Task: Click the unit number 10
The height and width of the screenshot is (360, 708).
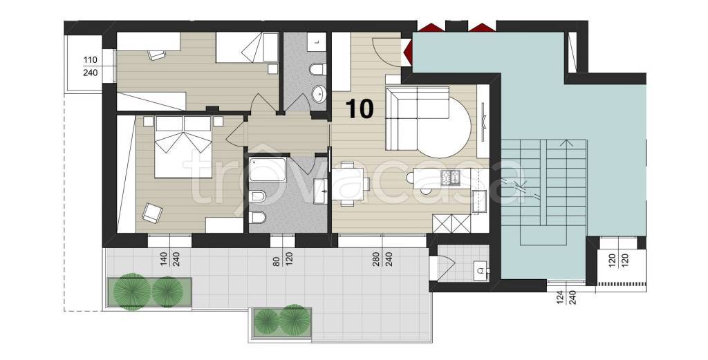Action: point(360,108)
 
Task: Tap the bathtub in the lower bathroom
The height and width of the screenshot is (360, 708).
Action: point(268,169)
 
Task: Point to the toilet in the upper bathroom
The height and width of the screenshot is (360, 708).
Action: point(318,69)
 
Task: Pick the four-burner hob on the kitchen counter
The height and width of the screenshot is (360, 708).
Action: point(449,177)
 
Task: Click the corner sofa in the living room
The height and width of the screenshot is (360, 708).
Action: point(418,118)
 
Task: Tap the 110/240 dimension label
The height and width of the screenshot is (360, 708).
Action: point(91,66)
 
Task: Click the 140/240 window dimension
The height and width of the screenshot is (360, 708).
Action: point(169,258)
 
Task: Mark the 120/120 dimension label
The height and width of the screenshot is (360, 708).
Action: point(617,261)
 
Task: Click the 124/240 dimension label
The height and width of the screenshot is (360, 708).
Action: point(567,299)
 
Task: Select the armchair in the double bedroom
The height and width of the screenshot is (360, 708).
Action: point(152,213)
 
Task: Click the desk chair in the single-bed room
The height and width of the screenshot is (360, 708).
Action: point(156,54)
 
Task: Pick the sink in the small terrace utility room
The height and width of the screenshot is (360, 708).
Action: point(481,271)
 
